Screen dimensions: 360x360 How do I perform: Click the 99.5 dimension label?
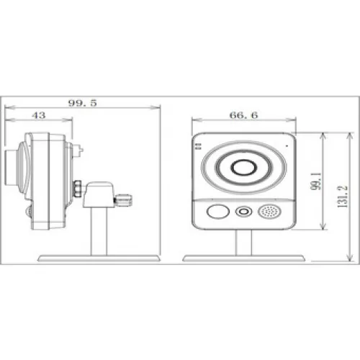[x=83, y=103]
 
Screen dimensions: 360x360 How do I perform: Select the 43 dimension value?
[x=39, y=115]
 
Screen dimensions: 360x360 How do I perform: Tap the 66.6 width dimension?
[x=243, y=115]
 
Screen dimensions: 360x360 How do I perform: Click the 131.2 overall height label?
[x=343, y=197]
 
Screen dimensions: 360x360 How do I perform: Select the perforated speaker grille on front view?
[x=269, y=212]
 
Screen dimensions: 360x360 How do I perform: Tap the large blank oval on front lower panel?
[x=218, y=211]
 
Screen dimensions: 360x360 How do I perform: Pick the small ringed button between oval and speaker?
[x=243, y=212]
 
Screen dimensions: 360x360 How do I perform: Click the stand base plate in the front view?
[x=243, y=258]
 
